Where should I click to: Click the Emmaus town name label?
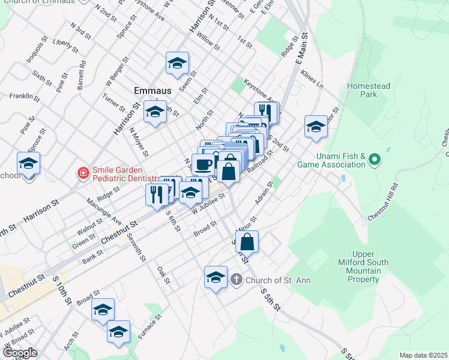[x=152, y=91]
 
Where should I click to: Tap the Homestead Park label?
[x=369, y=90]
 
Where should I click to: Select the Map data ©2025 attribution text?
[x=423, y=355]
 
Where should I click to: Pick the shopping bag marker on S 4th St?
[x=247, y=242]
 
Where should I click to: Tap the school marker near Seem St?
[x=177, y=63]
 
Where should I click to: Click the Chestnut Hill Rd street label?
[x=382, y=202]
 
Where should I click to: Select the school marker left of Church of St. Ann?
[x=215, y=277]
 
